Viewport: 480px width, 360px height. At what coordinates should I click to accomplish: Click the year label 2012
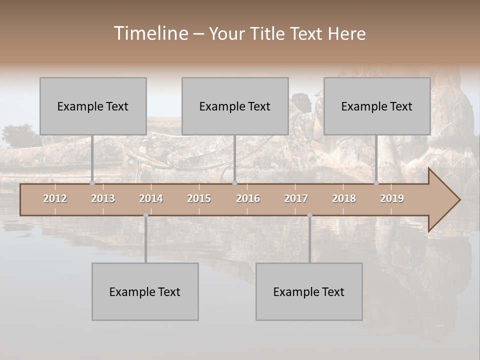(x=55, y=198)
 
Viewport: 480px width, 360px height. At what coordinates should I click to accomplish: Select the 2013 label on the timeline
(x=103, y=198)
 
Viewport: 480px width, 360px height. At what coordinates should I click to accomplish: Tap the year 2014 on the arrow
(x=151, y=198)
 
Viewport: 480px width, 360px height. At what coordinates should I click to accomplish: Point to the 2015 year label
(x=199, y=198)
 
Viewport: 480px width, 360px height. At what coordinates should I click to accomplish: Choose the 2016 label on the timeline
(x=248, y=198)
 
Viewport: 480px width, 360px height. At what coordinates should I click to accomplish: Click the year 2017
(x=296, y=198)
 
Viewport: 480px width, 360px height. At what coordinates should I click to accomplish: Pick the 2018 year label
(x=344, y=198)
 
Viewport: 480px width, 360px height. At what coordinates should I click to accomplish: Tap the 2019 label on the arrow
(x=392, y=198)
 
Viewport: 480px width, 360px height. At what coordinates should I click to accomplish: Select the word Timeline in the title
(x=150, y=33)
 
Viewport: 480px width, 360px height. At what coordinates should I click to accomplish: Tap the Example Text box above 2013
(x=93, y=106)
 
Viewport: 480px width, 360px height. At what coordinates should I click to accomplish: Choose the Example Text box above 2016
(x=235, y=106)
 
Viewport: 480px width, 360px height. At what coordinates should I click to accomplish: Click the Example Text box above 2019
(x=377, y=106)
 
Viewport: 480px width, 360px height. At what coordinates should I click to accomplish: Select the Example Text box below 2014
(x=145, y=291)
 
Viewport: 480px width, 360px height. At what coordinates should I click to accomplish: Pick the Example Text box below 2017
(x=309, y=291)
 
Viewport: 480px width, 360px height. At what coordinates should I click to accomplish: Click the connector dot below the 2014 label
(x=145, y=215)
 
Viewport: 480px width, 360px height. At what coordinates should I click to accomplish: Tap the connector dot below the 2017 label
(x=309, y=215)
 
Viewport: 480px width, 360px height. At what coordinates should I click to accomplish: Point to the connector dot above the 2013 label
(x=92, y=183)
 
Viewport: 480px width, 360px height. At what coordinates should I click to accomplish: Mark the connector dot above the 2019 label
(x=376, y=183)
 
